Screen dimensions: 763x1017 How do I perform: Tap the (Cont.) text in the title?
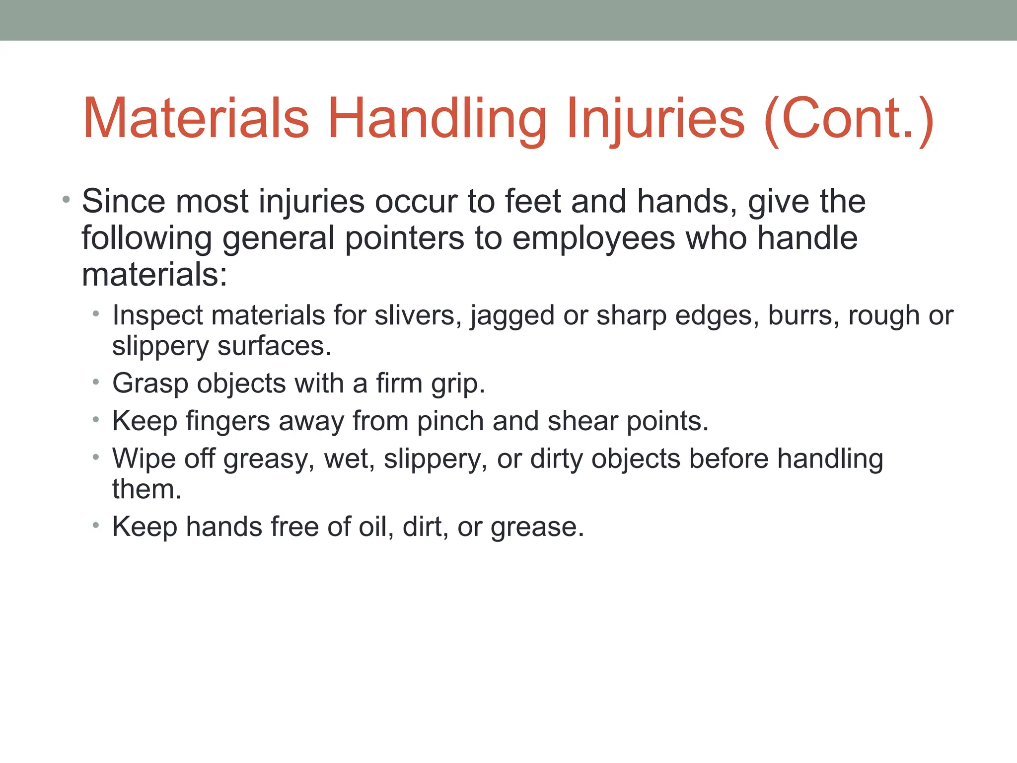pos(850,119)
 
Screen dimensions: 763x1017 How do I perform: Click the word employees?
pos(593,239)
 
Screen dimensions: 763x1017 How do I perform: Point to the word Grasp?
pos(150,383)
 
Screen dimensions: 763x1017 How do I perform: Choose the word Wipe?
pos(144,458)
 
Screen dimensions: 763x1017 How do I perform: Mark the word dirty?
pos(556,459)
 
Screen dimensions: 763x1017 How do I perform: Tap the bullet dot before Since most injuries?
pos(66,200)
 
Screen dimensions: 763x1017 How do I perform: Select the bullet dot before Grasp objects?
pos(96,382)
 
